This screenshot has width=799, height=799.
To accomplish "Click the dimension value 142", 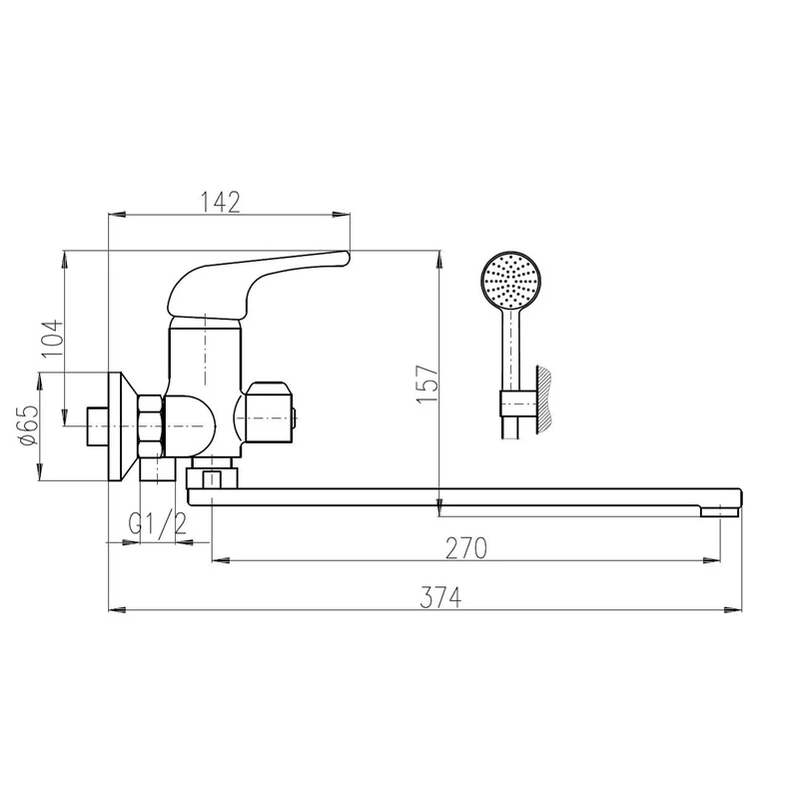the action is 220,202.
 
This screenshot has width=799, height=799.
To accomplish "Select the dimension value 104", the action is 53,339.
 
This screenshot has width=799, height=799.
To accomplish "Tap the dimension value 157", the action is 427,384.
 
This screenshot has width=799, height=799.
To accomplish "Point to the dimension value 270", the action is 466,548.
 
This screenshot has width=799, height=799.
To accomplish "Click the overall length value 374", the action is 440,597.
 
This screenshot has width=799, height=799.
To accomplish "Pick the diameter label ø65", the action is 28,425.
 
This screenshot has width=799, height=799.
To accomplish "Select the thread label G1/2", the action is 158,523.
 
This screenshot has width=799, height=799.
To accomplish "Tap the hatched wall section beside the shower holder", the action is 543,400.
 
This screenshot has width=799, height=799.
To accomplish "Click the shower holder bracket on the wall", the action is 517,404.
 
